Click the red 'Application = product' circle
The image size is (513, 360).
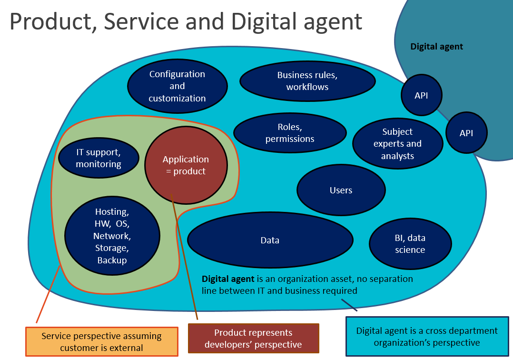point(186,165)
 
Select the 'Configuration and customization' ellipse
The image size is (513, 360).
point(178,86)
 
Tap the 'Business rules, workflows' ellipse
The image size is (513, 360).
point(307,81)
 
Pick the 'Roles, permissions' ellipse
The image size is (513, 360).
point(290,133)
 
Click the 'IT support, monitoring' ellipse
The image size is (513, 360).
point(99,158)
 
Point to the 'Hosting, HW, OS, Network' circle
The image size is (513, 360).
point(112,236)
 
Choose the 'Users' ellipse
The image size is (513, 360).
point(341,190)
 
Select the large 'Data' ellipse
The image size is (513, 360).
point(270,240)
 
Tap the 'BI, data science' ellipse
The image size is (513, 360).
point(410,244)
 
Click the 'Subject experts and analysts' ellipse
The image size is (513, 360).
point(397,144)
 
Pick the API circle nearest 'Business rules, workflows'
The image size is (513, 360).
point(422,95)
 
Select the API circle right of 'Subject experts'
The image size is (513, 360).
point(466,133)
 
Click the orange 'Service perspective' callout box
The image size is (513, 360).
point(102,342)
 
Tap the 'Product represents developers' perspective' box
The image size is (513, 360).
point(254,339)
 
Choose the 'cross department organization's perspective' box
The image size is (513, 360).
point(427,337)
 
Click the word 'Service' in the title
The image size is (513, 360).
point(141,21)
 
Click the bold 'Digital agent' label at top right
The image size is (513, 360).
point(437,47)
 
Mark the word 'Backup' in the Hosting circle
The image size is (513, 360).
point(112,260)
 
